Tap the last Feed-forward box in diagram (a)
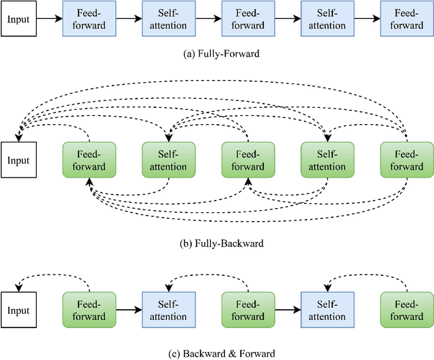[406, 20]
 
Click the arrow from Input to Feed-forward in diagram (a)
[49, 20]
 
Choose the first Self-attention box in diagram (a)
[168, 20]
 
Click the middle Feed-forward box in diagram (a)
[248, 20]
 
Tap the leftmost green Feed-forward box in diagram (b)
[89, 161]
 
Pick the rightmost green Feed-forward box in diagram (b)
[406, 161]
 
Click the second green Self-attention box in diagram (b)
[327, 161]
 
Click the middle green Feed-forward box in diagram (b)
[248, 161]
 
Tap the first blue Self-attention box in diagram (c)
[168, 311]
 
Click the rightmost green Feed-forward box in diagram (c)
[406, 311]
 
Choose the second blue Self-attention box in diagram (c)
[327, 311]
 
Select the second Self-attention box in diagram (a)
[327, 20]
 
